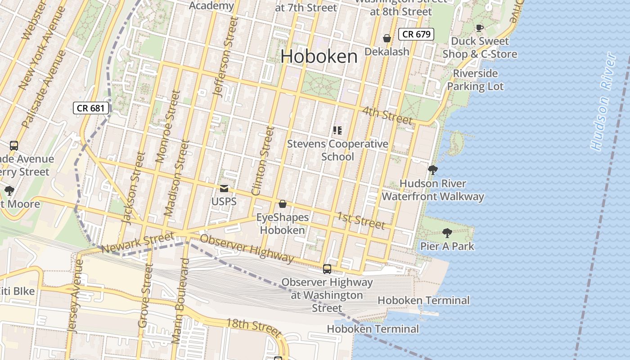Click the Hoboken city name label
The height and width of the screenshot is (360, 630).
(319, 57)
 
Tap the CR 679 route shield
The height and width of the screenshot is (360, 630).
(416, 34)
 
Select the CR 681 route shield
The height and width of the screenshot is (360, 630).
(91, 108)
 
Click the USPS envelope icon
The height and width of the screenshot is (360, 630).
(224, 189)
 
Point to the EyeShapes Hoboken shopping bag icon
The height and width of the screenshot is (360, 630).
(283, 204)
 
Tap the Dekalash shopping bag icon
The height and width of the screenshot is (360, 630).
(387, 38)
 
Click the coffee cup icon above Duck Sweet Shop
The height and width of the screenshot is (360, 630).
(480, 28)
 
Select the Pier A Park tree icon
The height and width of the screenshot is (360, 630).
(447, 233)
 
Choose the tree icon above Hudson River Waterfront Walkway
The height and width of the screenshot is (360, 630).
(433, 170)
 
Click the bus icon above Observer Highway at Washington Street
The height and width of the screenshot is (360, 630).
(327, 269)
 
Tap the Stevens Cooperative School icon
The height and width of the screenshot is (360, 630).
(337, 130)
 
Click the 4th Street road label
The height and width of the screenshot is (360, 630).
(387, 115)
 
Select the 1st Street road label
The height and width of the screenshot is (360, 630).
(361, 220)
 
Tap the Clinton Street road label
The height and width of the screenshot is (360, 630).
(263, 161)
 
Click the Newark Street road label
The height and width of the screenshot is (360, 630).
(137, 243)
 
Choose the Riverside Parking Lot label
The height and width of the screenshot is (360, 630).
(475, 80)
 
